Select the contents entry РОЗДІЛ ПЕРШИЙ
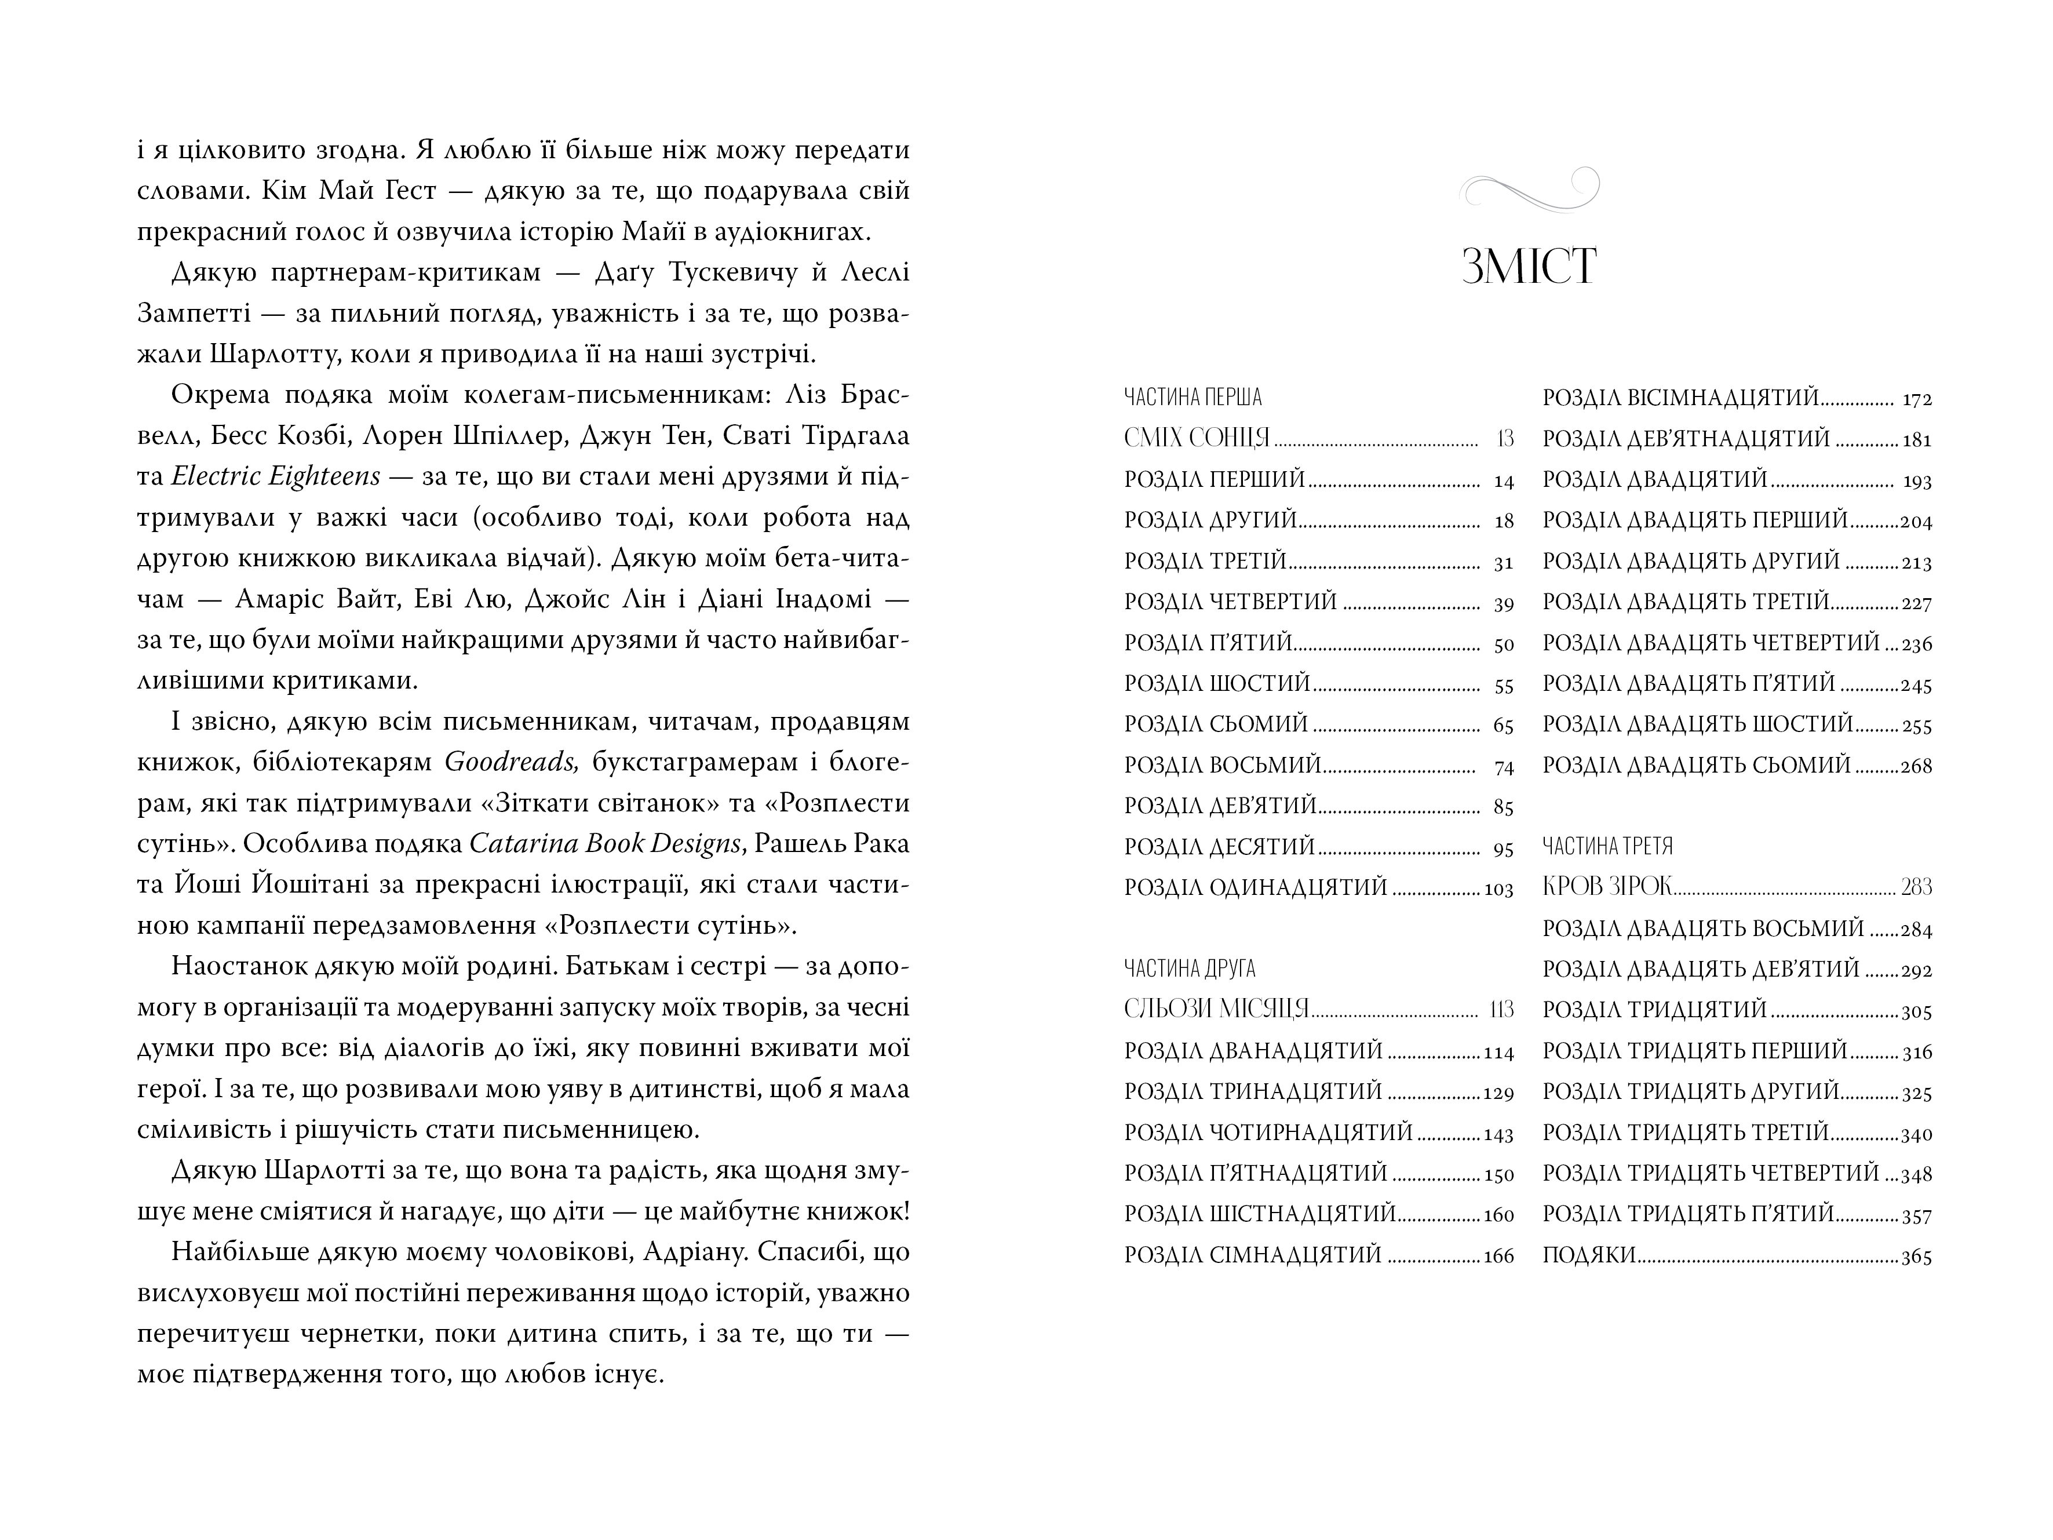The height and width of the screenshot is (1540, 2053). tap(1215, 480)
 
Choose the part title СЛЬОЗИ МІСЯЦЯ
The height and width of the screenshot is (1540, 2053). tap(1216, 1009)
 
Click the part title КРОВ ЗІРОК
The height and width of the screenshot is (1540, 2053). tap(1607, 886)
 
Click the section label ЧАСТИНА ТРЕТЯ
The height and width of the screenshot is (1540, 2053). tap(1607, 846)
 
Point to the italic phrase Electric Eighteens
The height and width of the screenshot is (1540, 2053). tap(276, 476)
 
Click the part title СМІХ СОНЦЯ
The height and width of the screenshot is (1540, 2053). tap(1197, 438)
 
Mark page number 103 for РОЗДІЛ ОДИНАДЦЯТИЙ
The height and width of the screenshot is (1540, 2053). tap(1499, 889)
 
